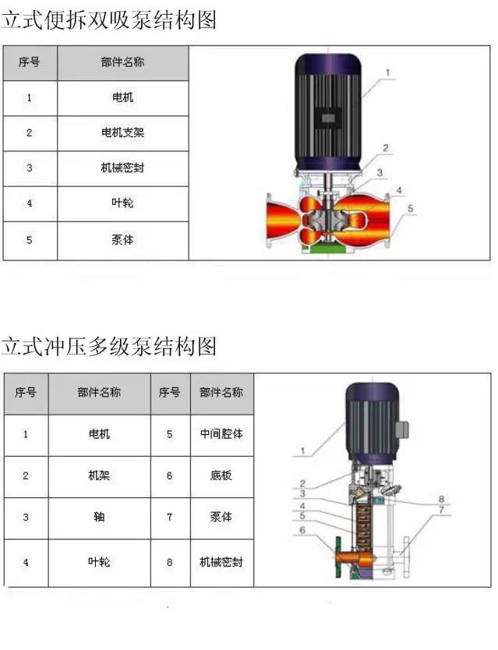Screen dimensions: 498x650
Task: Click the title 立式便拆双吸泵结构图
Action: [x=108, y=20]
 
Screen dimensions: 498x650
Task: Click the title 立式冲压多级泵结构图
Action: [x=108, y=346]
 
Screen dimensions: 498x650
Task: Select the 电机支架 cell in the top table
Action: [x=122, y=132]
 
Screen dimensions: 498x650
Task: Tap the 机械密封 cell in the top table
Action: [x=122, y=168]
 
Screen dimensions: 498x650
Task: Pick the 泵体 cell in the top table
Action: [x=122, y=240]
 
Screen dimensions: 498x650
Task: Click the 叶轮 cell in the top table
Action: [x=122, y=203]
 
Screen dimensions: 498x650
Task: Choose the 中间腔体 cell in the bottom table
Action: [x=221, y=434]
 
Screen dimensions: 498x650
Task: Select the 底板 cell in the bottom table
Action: [x=221, y=475]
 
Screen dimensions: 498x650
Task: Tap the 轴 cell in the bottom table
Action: [x=99, y=517]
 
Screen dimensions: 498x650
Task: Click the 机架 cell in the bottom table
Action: [x=99, y=475]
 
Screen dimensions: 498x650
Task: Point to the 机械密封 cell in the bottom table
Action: [x=221, y=562]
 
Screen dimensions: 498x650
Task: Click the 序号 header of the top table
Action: [x=30, y=62]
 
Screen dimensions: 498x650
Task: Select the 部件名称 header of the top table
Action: [x=122, y=62]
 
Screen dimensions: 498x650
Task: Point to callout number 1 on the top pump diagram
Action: [x=388, y=72]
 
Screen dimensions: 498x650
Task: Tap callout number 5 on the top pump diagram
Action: [x=410, y=209]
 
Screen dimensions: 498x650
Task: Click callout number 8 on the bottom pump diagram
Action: [x=441, y=499]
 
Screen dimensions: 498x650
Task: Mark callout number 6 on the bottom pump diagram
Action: [x=302, y=530]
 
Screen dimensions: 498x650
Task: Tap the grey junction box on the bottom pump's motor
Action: [x=402, y=429]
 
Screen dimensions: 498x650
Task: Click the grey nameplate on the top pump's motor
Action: [x=328, y=118]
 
